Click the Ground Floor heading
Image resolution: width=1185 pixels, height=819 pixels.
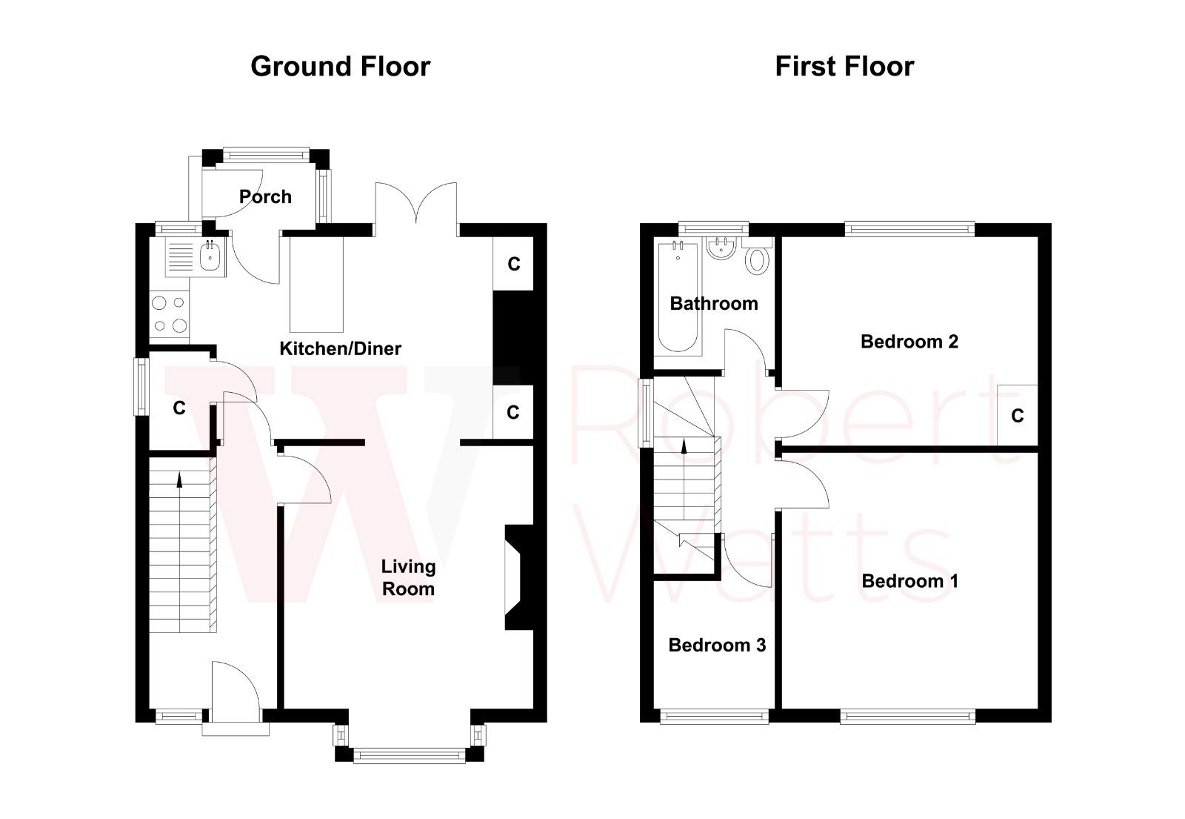coord(340,67)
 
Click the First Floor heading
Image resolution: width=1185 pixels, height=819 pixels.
coord(844,67)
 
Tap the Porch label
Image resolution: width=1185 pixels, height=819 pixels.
coord(265,197)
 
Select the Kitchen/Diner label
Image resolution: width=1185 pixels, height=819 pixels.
coord(340,348)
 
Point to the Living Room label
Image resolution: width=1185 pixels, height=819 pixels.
coord(407,577)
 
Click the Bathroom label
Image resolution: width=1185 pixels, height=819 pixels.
coord(713,303)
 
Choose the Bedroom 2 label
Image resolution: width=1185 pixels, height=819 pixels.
coord(909,342)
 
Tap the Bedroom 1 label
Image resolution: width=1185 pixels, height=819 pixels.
coord(909,581)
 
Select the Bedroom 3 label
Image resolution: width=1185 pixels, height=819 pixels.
coord(716,646)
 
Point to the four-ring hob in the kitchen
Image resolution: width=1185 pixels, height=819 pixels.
coord(168,314)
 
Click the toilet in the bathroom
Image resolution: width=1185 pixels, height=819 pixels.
coord(756,259)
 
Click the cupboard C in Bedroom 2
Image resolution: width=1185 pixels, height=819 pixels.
coord(1017,416)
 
